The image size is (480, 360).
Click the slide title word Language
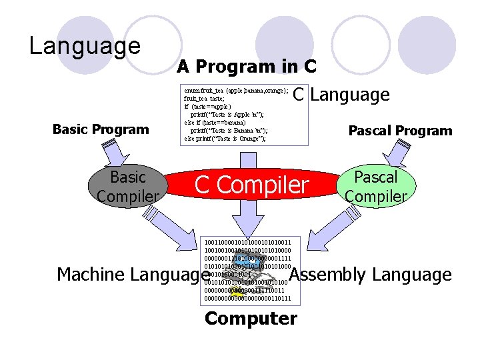(x=85, y=46)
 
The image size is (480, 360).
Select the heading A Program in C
(x=246, y=67)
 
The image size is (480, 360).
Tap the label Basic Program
(x=101, y=129)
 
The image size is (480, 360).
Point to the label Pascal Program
(x=400, y=131)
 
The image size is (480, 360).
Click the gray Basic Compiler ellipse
(x=127, y=187)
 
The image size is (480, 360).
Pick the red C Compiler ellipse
(x=251, y=185)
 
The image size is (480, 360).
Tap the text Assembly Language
(x=371, y=275)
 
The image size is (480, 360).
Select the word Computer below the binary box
(x=251, y=319)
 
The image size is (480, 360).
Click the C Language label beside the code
(x=341, y=95)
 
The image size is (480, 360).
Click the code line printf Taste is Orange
(x=225, y=139)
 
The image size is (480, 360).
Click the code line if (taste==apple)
(x=207, y=106)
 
